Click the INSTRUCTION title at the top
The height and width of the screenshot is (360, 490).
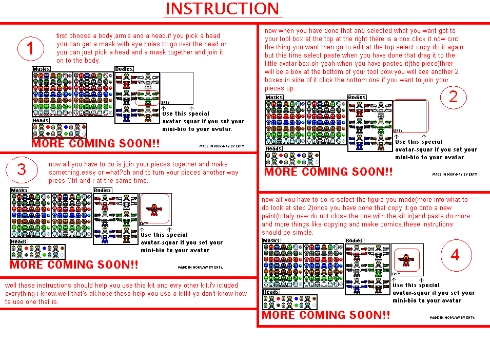click(x=222, y=9)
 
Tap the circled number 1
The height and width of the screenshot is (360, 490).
click(x=30, y=49)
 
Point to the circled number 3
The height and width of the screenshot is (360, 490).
click(x=22, y=169)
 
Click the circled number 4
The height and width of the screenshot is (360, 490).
click(x=455, y=255)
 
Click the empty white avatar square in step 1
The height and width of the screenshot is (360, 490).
click(x=177, y=87)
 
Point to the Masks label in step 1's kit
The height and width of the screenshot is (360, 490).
click(x=41, y=69)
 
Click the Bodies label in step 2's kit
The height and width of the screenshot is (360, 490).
click(x=357, y=98)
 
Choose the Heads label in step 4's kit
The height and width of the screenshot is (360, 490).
click(x=271, y=292)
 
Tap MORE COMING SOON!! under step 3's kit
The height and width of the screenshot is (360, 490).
click(x=74, y=265)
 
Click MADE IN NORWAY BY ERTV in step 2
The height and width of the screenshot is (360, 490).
click(x=454, y=174)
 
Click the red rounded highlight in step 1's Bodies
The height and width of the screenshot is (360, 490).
click(x=147, y=98)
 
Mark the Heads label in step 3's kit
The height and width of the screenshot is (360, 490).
click(x=19, y=241)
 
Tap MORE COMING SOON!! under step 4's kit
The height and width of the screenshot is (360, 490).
click(x=326, y=315)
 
